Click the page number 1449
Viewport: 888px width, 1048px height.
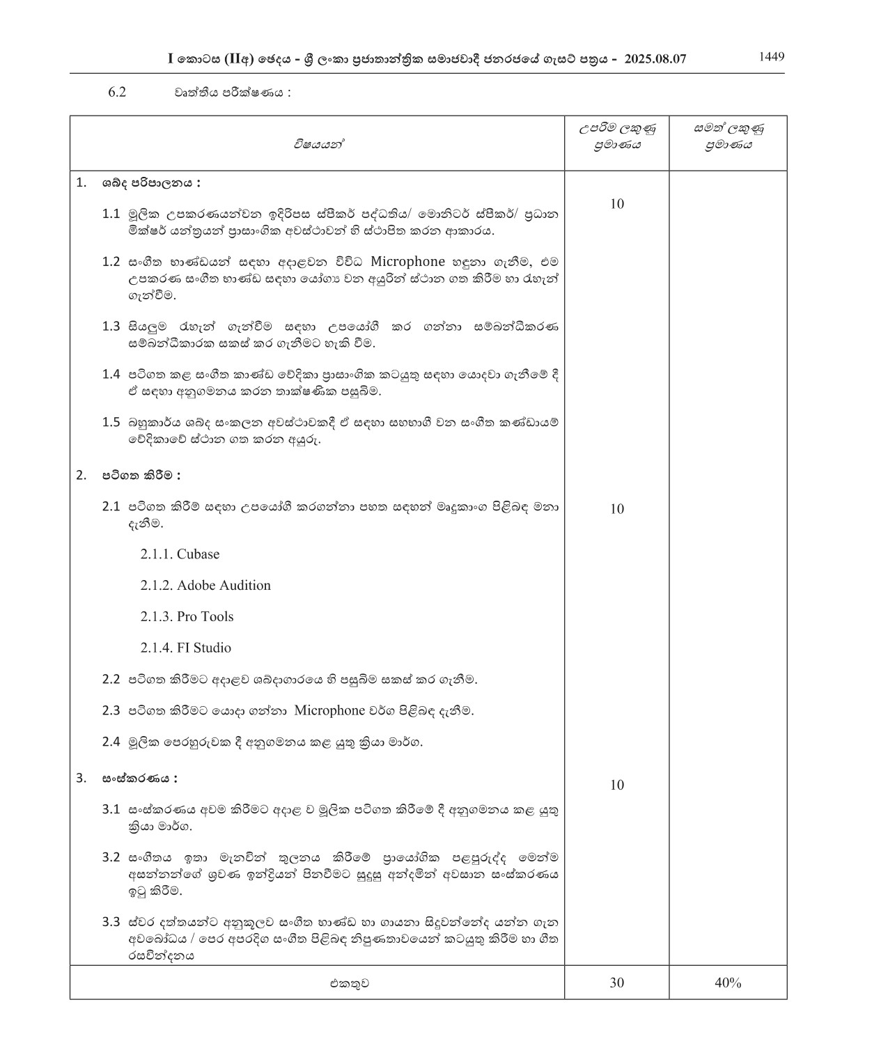771,57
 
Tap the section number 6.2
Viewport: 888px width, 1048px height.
117,93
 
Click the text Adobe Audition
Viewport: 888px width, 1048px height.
224,586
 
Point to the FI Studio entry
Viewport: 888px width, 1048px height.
203,648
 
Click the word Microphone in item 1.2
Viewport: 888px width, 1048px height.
407,262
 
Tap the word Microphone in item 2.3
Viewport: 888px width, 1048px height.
329,710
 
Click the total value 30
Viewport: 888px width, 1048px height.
616,983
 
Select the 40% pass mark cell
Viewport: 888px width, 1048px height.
728,983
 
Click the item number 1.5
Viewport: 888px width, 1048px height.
111,422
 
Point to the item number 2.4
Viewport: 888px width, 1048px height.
111,742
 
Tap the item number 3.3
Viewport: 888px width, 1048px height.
111,922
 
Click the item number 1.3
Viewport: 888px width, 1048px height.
111,326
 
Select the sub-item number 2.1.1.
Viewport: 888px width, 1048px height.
156,554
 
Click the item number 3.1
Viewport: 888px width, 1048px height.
111,809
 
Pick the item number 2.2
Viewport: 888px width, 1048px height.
111,679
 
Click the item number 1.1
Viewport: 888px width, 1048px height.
111,213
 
